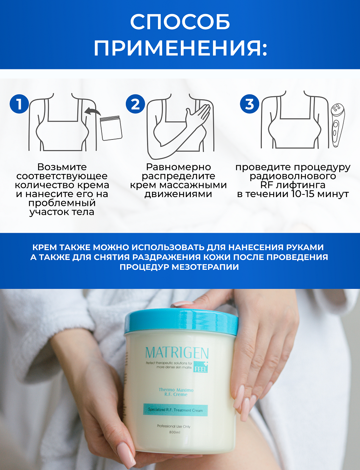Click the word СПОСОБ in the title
click(x=180, y=22)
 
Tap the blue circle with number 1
click(x=19, y=104)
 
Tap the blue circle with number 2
click(x=136, y=104)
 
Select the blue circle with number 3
click(x=250, y=104)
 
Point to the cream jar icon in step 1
click(x=111, y=128)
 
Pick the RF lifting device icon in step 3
click(x=337, y=125)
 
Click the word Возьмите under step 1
click(x=62, y=167)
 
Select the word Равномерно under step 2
click(x=178, y=167)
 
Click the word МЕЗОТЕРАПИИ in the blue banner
click(x=205, y=267)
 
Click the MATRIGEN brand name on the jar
click(x=177, y=353)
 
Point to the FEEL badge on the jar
click(x=200, y=367)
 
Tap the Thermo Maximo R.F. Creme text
click(x=176, y=392)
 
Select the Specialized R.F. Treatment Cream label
click(x=175, y=410)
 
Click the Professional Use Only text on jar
click(x=174, y=426)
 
